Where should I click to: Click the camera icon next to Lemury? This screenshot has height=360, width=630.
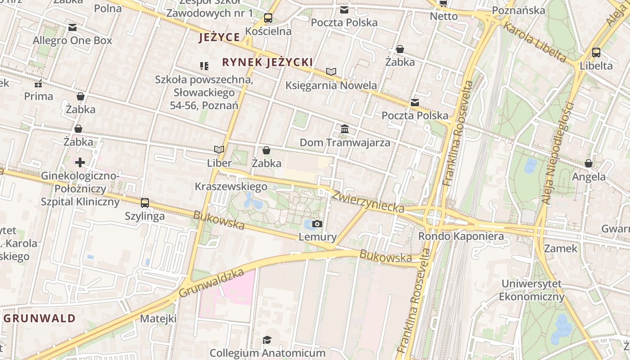click(x=317, y=224)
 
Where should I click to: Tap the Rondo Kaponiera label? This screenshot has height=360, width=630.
click(x=461, y=236)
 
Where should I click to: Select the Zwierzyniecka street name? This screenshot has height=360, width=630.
click(x=368, y=201)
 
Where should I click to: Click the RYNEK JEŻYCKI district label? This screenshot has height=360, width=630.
click(x=267, y=62)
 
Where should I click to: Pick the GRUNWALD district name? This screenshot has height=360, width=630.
click(x=40, y=319)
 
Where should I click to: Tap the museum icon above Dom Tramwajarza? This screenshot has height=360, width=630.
click(x=345, y=129)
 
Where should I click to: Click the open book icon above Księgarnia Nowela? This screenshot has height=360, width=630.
click(x=331, y=72)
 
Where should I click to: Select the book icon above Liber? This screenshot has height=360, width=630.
click(x=219, y=149)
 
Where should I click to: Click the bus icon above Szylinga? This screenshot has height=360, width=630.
click(x=144, y=203)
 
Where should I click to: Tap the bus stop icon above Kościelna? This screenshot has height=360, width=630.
click(x=268, y=18)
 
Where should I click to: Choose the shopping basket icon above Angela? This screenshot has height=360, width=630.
click(x=589, y=163)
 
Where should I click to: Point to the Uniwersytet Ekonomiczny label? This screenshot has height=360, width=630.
click(x=531, y=290)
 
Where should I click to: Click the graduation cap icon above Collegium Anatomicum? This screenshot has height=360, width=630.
click(x=267, y=339)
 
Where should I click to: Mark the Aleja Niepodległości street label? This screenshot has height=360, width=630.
click(x=558, y=153)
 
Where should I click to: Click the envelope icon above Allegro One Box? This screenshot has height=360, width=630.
click(x=72, y=27)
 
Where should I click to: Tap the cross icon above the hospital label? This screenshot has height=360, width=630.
click(x=80, y=162)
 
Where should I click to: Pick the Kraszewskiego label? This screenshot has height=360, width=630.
click(x=231, y=186)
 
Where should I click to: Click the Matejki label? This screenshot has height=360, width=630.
click(x=158, y=319)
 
